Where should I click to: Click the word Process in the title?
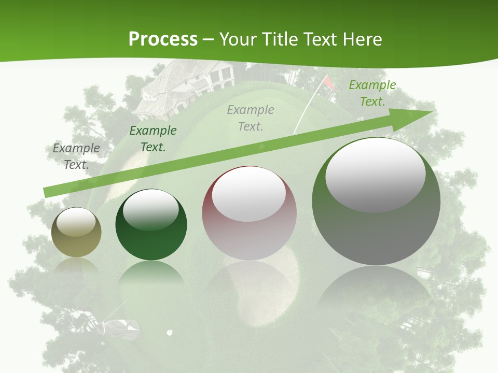(163, 39)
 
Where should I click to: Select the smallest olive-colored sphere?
(76, 232)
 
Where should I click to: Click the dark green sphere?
(151, 224)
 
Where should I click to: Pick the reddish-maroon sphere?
(249, 213)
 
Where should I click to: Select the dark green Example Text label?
(153, 139)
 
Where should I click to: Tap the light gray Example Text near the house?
(251, 118)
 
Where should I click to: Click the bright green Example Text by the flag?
(372, 93)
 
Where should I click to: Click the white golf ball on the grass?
(169, 332)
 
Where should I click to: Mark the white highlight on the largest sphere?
(375, 174)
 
